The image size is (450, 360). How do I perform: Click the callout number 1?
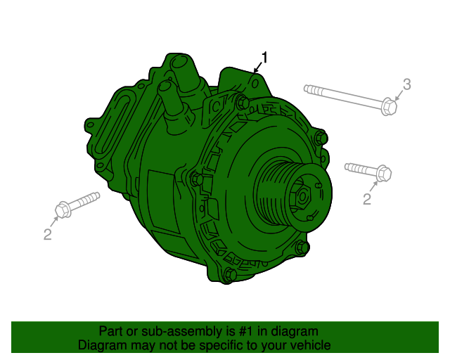pos(265,57)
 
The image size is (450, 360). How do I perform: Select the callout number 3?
pos(406,85)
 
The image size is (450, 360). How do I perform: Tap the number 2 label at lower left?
pos(47,235)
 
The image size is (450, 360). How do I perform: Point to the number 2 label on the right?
pos(366,200)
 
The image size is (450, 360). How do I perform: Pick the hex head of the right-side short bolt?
pos(383,173)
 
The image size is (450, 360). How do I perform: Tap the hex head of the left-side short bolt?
pos(62,210)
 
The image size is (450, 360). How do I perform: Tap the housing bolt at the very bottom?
pos(226,275)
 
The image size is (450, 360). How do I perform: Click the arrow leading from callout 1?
pos(258,68)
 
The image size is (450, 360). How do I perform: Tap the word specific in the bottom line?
pos(221,345)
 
